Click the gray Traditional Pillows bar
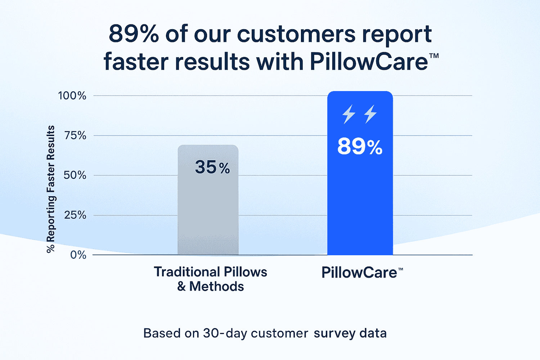coord(208,200)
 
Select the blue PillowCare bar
coord(360,173)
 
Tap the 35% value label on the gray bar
coord(212,167)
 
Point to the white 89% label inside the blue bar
coord(360,146)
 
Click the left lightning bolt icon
coord(348,114)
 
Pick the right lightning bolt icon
coord(370,114)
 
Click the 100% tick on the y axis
coord(72,96)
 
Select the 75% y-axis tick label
coord(75,136)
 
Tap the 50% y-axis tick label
coord(75,175)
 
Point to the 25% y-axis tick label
coord(75,215)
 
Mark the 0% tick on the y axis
coord(78,255)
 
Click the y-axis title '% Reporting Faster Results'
coord(51,189)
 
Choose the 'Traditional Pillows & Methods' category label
coord(211,279)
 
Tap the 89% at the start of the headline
coord(134,34)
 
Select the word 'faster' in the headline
coord(136,62)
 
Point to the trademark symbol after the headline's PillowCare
coord(434,56)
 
